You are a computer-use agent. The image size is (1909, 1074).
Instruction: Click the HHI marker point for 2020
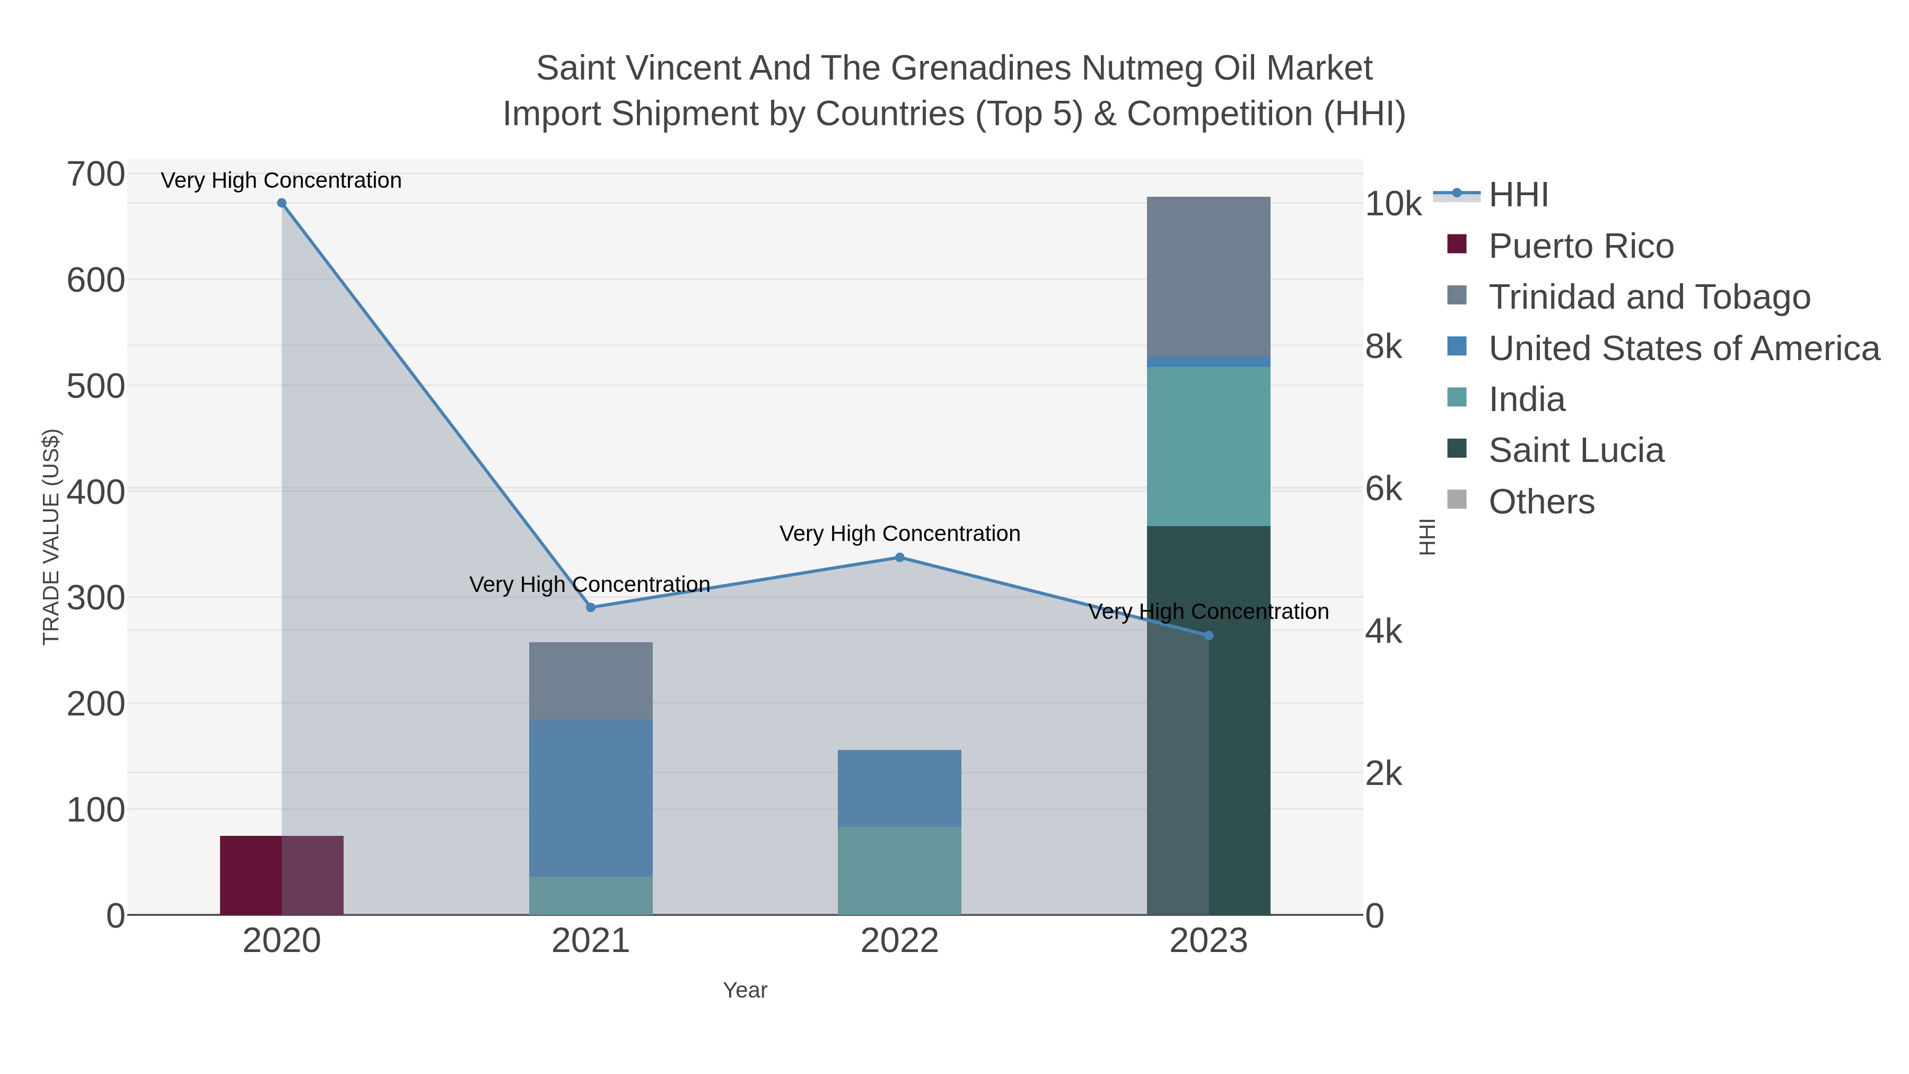(x=282, y=203)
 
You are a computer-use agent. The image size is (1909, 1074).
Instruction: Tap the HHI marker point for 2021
(x=591, y=608)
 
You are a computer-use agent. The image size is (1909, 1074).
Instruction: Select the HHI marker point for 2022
(x=900, y=557)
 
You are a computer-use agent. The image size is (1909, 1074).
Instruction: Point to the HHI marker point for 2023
(x=1209, y=636)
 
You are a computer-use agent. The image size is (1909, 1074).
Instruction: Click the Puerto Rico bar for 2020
(x=282, y=875)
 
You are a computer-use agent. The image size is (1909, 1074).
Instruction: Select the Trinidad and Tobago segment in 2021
(x=591, y=681)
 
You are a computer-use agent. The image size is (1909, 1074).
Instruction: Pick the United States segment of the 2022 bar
(x=900, y=789)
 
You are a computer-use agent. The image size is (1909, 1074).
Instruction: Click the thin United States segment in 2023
(x=1209, y=362)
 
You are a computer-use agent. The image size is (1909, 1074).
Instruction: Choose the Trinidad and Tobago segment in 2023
(x=1209, y=277)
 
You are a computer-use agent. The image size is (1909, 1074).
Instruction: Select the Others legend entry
(x=1521, y=502)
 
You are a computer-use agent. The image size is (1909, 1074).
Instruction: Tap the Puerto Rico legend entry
(x=1561, y=246)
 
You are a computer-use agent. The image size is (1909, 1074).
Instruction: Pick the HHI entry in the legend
(x=1491, y=195)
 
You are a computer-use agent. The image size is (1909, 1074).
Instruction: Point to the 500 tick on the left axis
(x=97, y=386)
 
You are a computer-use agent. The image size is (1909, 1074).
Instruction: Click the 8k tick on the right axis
(x=1383, y=346)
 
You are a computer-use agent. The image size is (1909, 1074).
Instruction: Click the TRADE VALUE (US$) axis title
(x=51, y=537)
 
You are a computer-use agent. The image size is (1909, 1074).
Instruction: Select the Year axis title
(x=746, y=990)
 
